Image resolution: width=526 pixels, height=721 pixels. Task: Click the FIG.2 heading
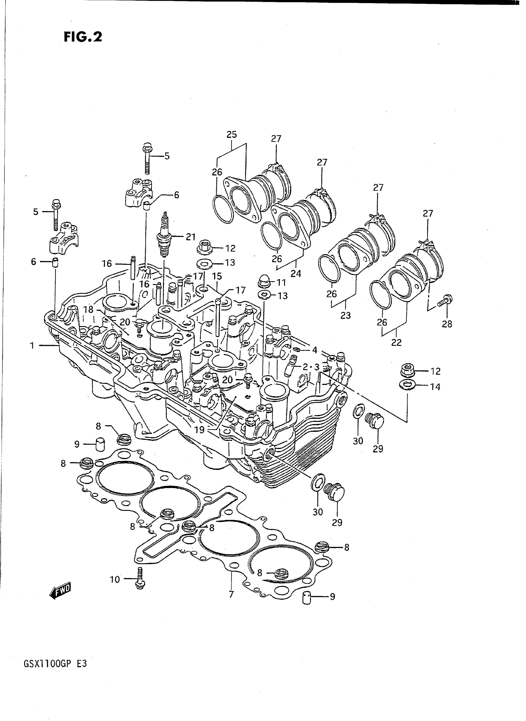pos(83,37)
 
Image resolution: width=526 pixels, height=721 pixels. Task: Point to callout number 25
pos(231,134)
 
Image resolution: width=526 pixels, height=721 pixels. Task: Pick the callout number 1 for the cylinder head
pos(32,346)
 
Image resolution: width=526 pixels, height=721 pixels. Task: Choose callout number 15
pos(217,276)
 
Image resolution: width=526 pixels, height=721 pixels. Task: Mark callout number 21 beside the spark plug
pos(190,237)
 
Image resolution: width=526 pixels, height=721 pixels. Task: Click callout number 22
pos(396,342)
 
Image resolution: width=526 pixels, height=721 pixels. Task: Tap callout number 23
pos(346,316)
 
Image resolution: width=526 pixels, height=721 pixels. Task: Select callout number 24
pos(296,274)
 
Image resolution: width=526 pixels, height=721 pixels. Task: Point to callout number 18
pos(88,309)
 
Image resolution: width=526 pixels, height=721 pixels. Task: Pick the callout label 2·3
pos(310,367)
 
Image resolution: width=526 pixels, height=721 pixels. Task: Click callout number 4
pos(315,350)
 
